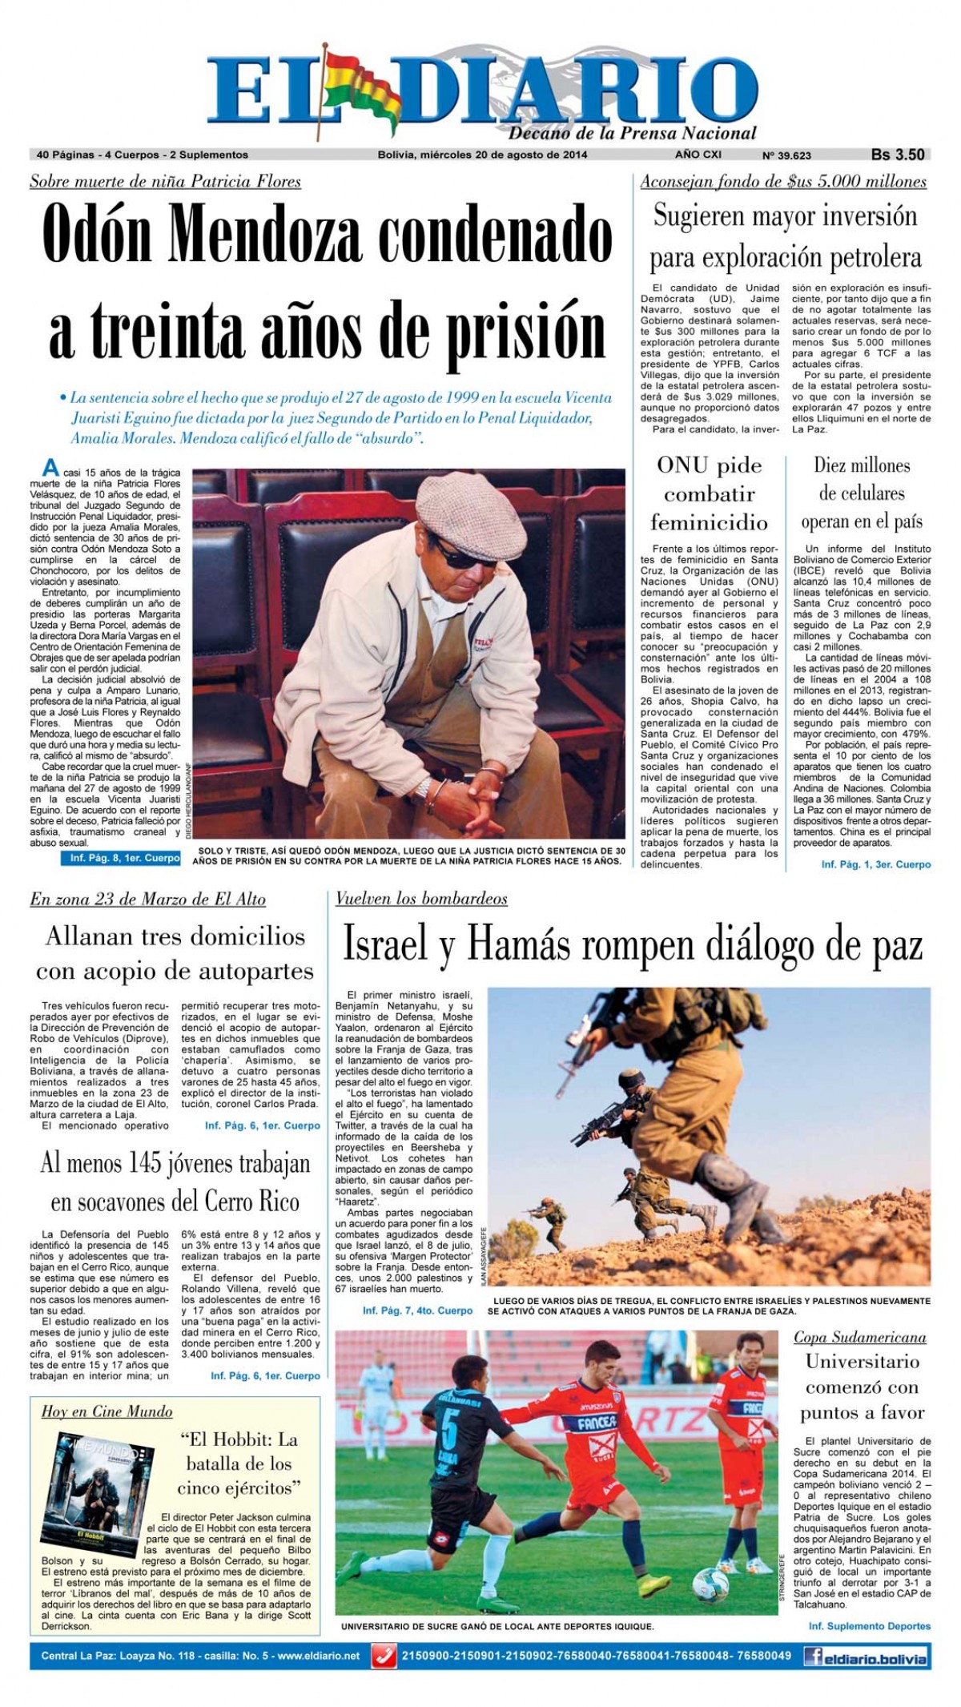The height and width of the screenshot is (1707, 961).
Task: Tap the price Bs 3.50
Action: pyautogui.click(x=898, y=155)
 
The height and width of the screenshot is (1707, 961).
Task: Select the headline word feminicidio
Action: pyautogui.click(x=709, y=522)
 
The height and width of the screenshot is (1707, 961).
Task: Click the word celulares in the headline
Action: pyautogui.click(x=862, y=493)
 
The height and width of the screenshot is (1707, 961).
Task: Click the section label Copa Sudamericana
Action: pyautogui.click(x=859, y=1337)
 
